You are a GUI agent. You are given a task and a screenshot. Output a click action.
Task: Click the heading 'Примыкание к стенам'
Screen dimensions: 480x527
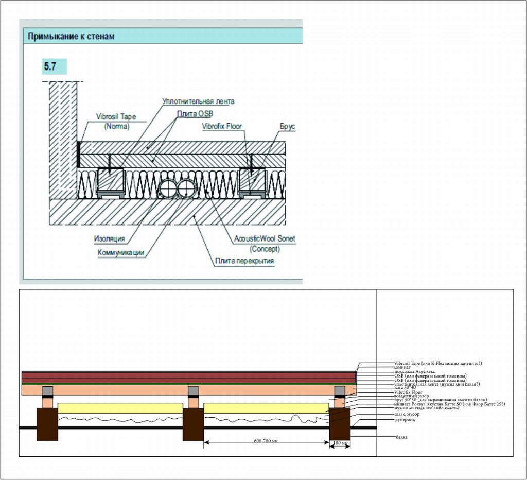click(x=71, y=37)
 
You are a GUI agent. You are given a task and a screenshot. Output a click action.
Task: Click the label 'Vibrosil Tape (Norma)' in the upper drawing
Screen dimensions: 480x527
click(x=116, y=121)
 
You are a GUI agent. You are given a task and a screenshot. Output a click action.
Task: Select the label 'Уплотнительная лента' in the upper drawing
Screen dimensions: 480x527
click(x=198, y=101)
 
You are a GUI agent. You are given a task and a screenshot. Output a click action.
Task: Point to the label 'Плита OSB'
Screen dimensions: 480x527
click(x=195, y=113)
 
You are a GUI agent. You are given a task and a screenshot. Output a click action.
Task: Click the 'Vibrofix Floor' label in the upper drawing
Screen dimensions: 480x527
click(x=222, y=126)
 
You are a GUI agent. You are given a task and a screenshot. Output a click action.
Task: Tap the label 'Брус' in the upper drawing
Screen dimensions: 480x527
click(x=288, y=126)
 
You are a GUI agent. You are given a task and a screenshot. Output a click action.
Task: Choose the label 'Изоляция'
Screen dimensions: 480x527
click(x=110, y=239)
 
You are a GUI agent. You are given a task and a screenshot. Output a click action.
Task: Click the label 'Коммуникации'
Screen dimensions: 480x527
click(x=120, y=252)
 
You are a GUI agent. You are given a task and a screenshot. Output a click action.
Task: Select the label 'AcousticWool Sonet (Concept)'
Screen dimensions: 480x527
click(x=265, y=243)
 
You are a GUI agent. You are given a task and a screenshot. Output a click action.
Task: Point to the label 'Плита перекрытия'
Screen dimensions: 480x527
click(x=244, y=261)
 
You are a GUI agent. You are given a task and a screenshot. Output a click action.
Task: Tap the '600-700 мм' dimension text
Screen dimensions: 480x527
click(x=266, y=441)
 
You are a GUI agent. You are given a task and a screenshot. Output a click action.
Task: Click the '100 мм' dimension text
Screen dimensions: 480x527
click(x=341, y=443)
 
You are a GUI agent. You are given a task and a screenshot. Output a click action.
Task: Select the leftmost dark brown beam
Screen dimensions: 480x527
click(x=47, y=424)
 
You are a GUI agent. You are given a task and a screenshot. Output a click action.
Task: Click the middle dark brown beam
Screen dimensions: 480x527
click(x=193, y=424)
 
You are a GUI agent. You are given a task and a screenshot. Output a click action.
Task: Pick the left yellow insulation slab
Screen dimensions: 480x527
click(x=120, y=408)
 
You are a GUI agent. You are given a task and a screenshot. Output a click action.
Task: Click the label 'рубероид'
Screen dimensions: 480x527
click(x=405, y=420)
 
